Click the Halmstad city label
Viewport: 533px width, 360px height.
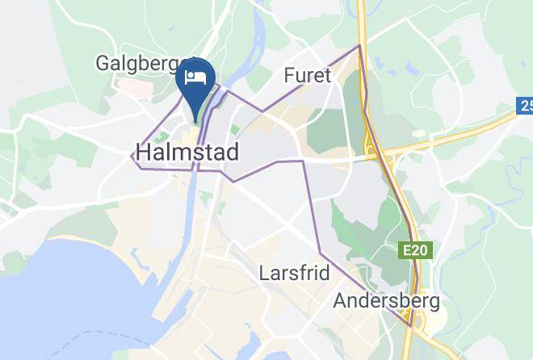(x=187, y=151)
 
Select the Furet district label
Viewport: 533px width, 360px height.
(x=308, y=76)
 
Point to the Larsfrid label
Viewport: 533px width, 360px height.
(x=294, y=273)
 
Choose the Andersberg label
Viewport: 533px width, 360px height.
(x=387, y=301)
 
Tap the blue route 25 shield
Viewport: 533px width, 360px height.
(x=525, y=105)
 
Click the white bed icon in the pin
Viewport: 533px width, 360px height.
(x=195, y=78)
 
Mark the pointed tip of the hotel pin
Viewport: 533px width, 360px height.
(x=195, y=125)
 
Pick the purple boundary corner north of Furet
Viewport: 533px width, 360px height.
(x=359, y=45)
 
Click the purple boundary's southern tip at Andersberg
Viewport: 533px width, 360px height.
(x=411, y=325)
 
